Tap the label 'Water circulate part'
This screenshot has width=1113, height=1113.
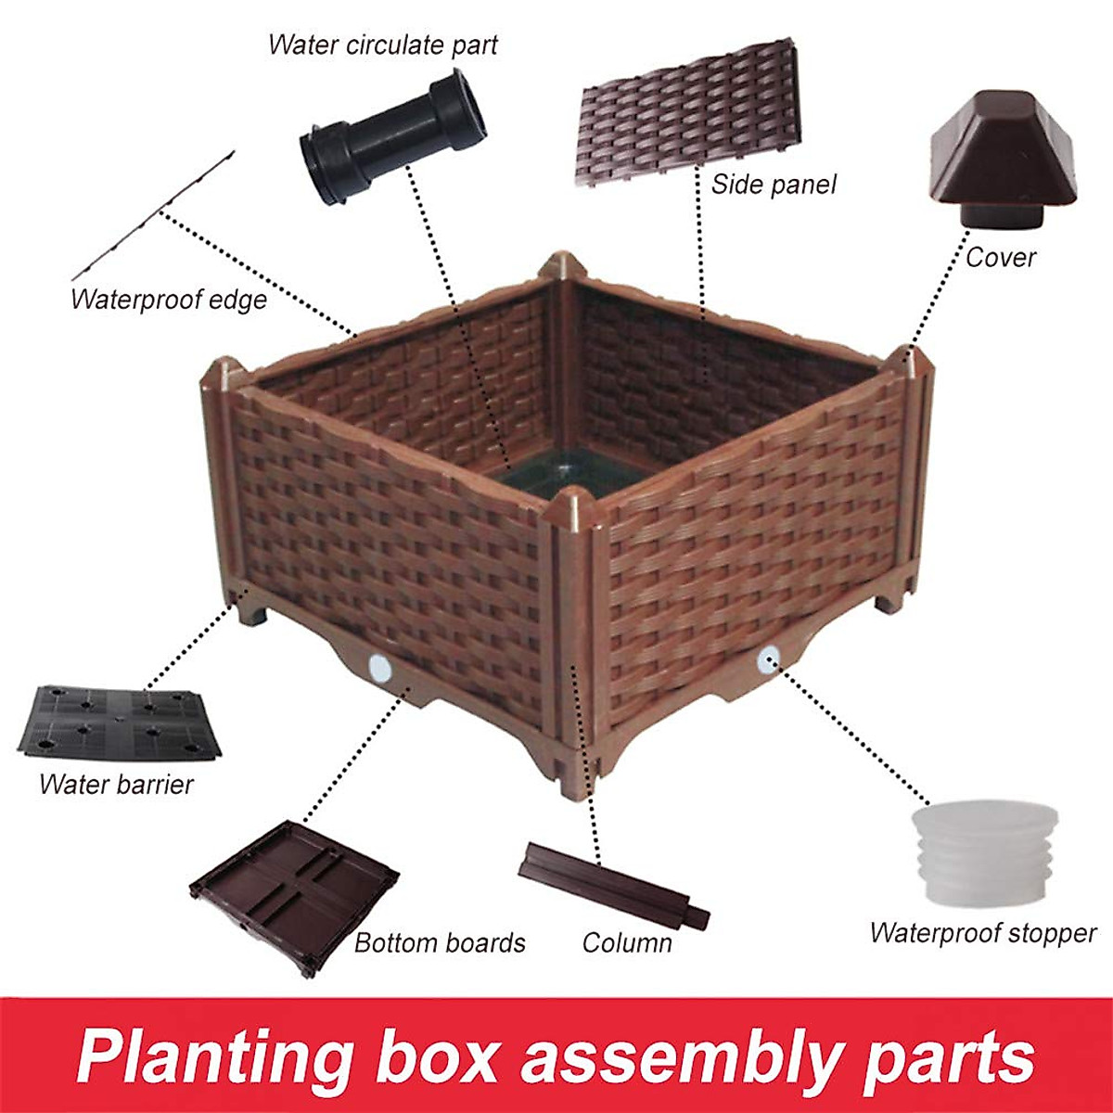pyautogui.click(x=382, y=45)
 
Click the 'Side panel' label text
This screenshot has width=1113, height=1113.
pyautogui.click(x=774, y=185)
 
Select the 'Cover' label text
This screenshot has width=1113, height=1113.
pyautogui.click(x=1000, y=257)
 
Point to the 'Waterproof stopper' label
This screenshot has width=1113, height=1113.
pyautogui.click(x=983, y=932)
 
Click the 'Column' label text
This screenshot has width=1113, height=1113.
pyautogui.click(x=627, y=943)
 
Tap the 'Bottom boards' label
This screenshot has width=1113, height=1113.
pyautogui.click(x=440, y=943)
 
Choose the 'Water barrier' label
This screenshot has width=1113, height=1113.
pyautogui.click(x=116, y=785)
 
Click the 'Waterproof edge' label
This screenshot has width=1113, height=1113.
pyautogui.click(x=169, y=300)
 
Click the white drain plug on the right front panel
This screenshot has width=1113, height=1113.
pyautogui.click(x=767, y=659)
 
